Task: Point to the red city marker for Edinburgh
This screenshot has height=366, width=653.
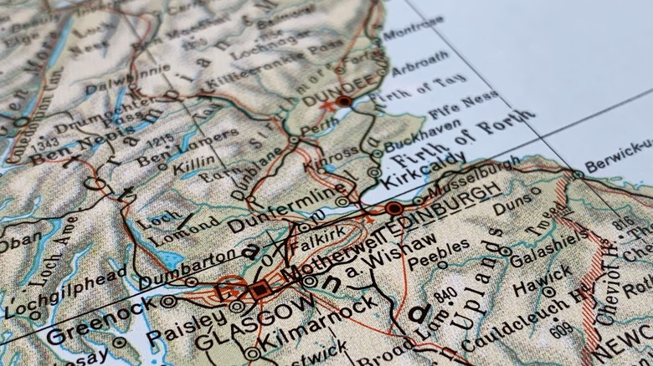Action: pos(394,207)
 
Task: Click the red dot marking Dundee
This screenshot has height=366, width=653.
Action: pos(344,101)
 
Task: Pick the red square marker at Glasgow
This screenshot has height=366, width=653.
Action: pos(260,290)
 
